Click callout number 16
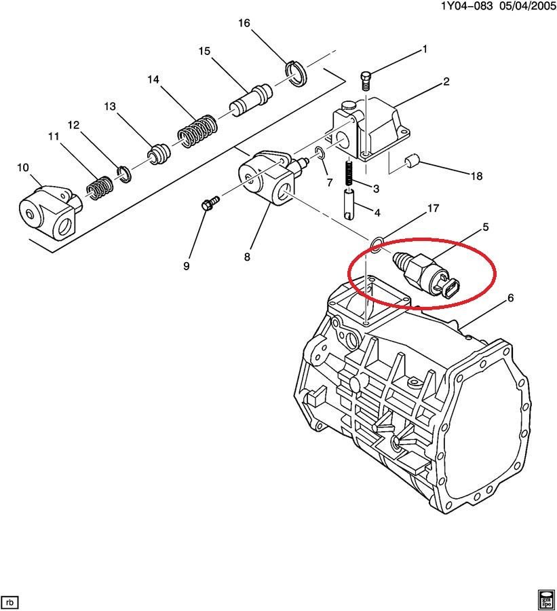[x=244, y=24]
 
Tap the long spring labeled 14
[x=197, y=130]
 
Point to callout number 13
[x=110, y=107]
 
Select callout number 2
[x=446, y=82]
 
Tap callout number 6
[x=510, y=298]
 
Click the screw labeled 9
[x=209, y=204]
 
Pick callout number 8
[x=248, y=257]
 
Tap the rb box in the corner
[x=10, y=602]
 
